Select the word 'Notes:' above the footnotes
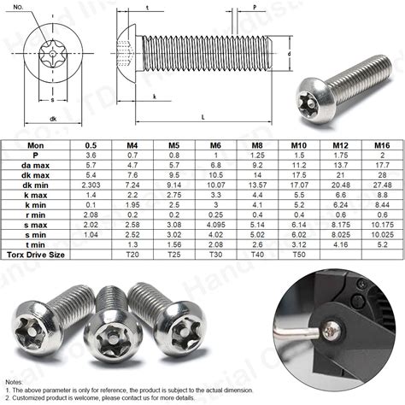coord(15,381)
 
